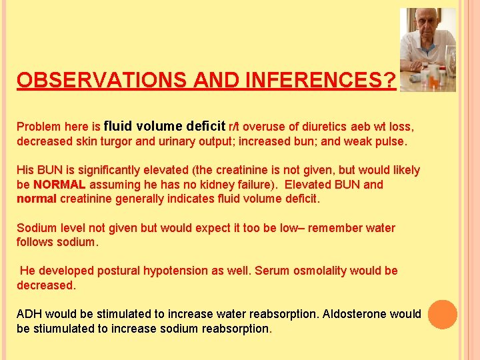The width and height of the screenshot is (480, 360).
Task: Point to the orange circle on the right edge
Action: [x=443, y=315]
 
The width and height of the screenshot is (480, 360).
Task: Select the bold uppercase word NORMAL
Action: [x=59, y=185]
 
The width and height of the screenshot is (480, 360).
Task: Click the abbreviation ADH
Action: [x=29, y=314]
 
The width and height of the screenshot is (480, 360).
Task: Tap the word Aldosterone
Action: [x=357, y=314]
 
